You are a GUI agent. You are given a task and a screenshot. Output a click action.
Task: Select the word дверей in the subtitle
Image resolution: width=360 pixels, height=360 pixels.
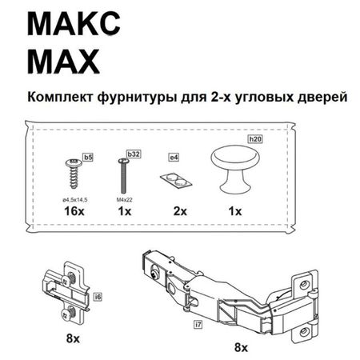318,97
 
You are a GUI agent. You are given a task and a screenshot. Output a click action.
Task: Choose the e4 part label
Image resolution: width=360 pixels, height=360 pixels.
174,158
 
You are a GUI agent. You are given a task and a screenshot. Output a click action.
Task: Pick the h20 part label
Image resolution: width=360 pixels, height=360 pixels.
255,139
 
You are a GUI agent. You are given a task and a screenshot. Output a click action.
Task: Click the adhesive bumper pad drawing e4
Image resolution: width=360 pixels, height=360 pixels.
177,178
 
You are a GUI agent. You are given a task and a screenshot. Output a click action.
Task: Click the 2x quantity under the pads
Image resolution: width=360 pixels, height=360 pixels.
179,211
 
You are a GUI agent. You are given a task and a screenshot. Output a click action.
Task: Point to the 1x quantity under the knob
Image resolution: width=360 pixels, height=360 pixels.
234,211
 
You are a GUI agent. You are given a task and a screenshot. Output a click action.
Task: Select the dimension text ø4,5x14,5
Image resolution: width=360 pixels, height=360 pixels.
74,198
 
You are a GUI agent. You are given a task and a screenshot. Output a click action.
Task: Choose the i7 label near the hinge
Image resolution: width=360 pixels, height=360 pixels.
198,325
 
